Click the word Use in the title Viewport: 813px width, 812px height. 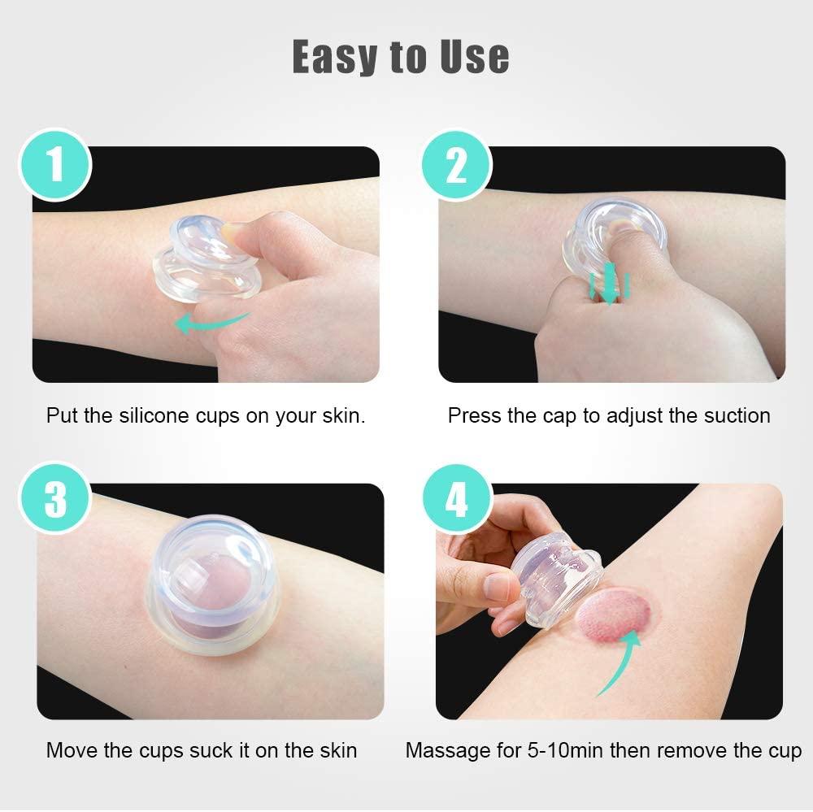[x=472, y=56]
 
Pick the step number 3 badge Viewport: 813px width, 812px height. [x=56, y=499]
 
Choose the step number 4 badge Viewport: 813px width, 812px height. [x=457, y=499]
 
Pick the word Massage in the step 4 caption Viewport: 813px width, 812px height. [x=447, y=749]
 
